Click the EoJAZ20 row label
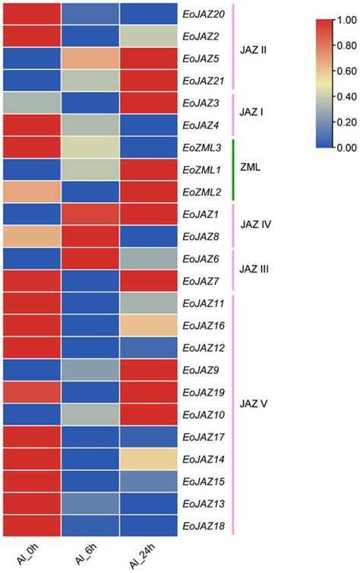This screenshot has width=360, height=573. pyautogui.click(x=204, y=14)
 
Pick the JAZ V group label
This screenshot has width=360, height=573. pyautogui.click(x=254, y=415)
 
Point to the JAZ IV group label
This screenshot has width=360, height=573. pyautogui.click(x=257, y=226)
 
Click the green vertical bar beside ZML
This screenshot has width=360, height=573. pyautogui.click(x=233, y=169)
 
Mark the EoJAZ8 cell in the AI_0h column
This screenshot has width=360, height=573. pyautogui.click(x=30, y=237)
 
